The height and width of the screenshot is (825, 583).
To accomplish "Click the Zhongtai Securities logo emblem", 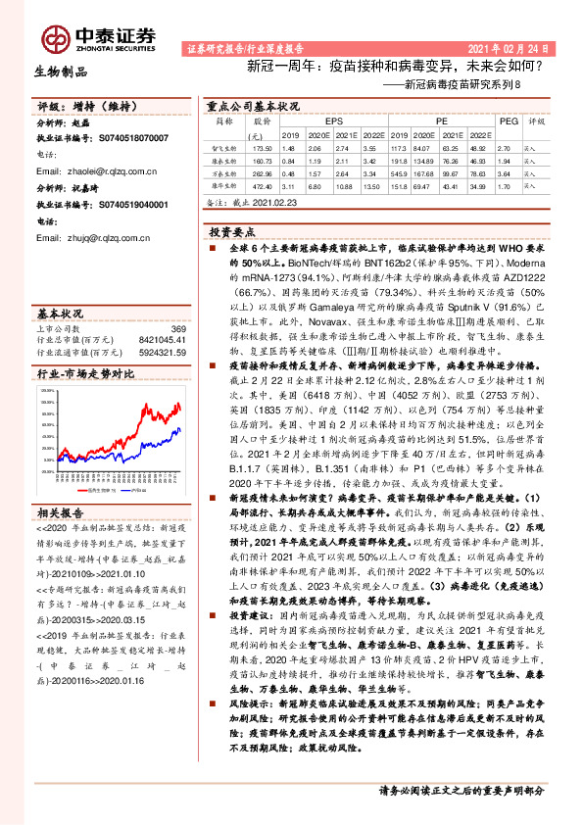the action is [54, 37].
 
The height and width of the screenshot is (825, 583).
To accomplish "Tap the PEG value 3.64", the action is [506, 170].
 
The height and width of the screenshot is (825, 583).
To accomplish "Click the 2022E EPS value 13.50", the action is [372, 183].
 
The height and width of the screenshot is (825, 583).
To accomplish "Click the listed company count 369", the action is [177, 329].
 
